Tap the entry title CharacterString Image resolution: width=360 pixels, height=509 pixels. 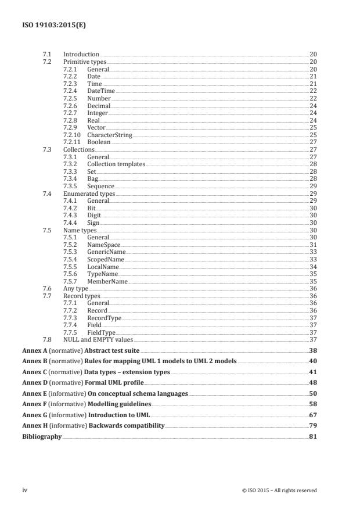[110, 135]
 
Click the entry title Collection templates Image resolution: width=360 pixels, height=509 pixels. [116, 164]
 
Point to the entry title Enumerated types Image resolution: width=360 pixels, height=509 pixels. [89, 193]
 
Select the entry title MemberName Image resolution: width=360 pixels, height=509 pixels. [107, 281]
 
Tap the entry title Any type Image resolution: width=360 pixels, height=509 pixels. [75, 288]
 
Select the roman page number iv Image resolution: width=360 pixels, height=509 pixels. [24, 490]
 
